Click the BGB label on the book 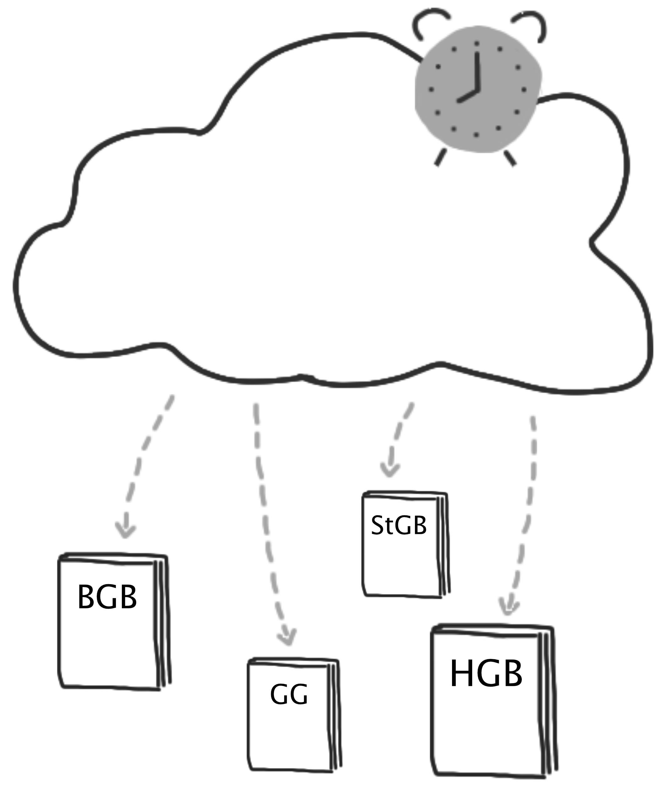[x=107, y=597]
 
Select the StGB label [x=399, y=525]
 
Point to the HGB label [x=486, y=674]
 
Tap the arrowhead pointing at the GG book [x=287, y=638]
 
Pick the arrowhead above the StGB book [x=390, y=470]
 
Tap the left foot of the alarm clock [x=441, y=157]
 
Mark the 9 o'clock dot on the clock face [x=431, y=90]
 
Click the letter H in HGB [x=461, y=674]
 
